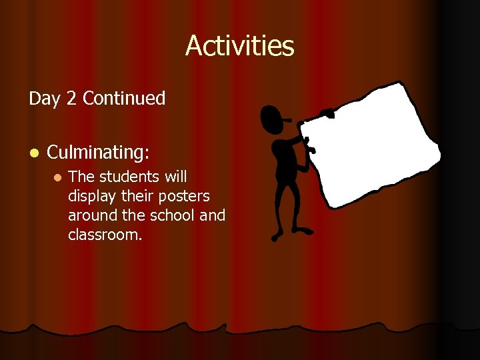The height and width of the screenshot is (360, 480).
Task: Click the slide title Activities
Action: [239, 45]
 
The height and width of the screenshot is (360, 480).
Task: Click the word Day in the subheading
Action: [45, 99]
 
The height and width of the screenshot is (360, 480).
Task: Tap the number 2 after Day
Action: [71, 99]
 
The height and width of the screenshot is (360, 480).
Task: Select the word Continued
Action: [124, 99]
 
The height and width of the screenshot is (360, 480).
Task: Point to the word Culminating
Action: [97, 153]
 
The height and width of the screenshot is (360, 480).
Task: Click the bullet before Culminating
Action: [33, 153]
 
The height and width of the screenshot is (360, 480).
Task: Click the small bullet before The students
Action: [57, 178]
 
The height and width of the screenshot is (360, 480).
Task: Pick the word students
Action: [129, 177]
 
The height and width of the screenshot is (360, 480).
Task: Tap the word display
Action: [91, 197]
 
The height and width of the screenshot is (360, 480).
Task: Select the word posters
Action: [185, 197]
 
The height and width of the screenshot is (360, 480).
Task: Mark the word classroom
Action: [105, 235]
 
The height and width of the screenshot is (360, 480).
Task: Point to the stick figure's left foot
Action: [279, 235]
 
